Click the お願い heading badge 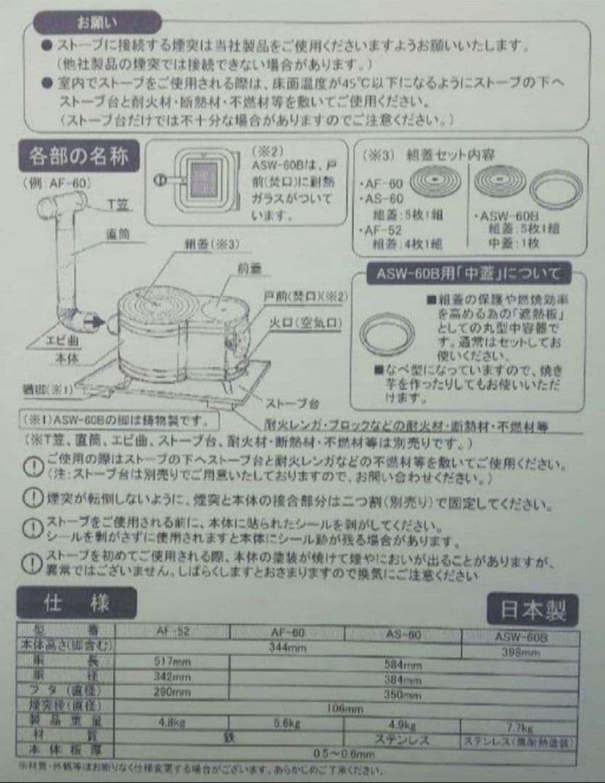97,22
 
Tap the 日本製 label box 532,611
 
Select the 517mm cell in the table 172,661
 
